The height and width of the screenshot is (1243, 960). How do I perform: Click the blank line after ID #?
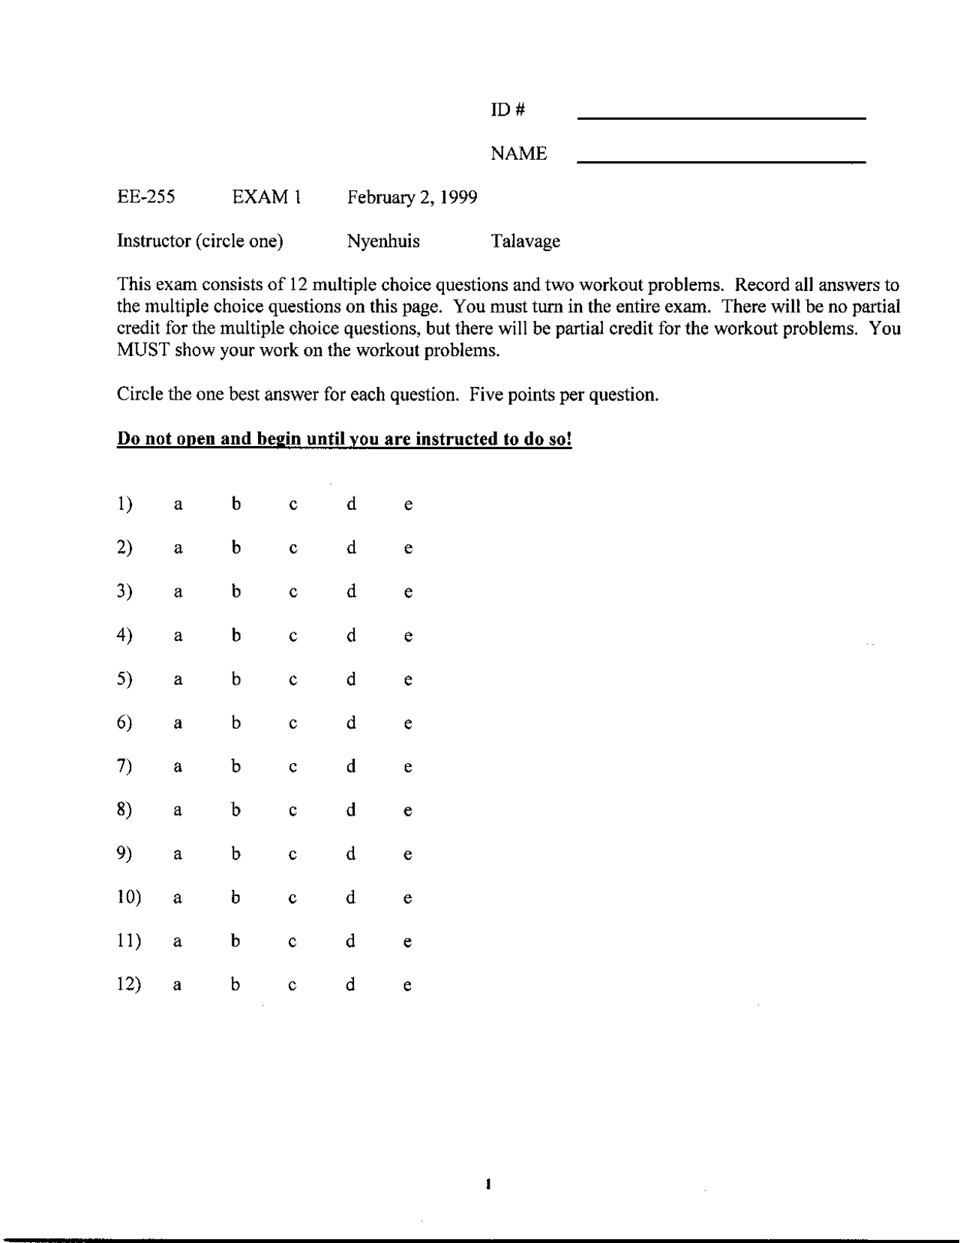point(721,116)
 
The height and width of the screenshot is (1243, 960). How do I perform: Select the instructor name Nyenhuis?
point(383,241)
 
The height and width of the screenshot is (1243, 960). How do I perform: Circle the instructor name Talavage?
point(525,241)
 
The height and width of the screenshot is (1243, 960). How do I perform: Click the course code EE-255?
point(146,197)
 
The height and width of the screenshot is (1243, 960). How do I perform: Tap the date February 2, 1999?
point(412,198)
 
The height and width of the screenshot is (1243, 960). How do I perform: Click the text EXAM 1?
point(266,197)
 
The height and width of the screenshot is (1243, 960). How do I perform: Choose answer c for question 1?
point(293,505)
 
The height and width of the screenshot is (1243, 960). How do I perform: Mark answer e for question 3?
point(407,593)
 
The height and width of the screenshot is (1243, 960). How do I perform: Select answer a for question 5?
point(178,681)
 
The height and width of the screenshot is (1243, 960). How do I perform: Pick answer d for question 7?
point(350,767)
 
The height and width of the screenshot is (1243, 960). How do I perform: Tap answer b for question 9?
point(235,854)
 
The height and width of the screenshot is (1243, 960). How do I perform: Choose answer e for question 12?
point(407,986)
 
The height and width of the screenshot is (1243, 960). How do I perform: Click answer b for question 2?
point(235,548)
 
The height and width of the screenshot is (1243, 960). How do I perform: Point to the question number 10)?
point(129,897)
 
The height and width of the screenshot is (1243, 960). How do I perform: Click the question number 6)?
point(124,723)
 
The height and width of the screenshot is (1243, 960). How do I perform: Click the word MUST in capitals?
point(143,351)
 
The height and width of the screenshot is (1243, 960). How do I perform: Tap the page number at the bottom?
point(487,1185)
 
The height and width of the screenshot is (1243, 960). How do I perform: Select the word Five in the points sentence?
point(486,395)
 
